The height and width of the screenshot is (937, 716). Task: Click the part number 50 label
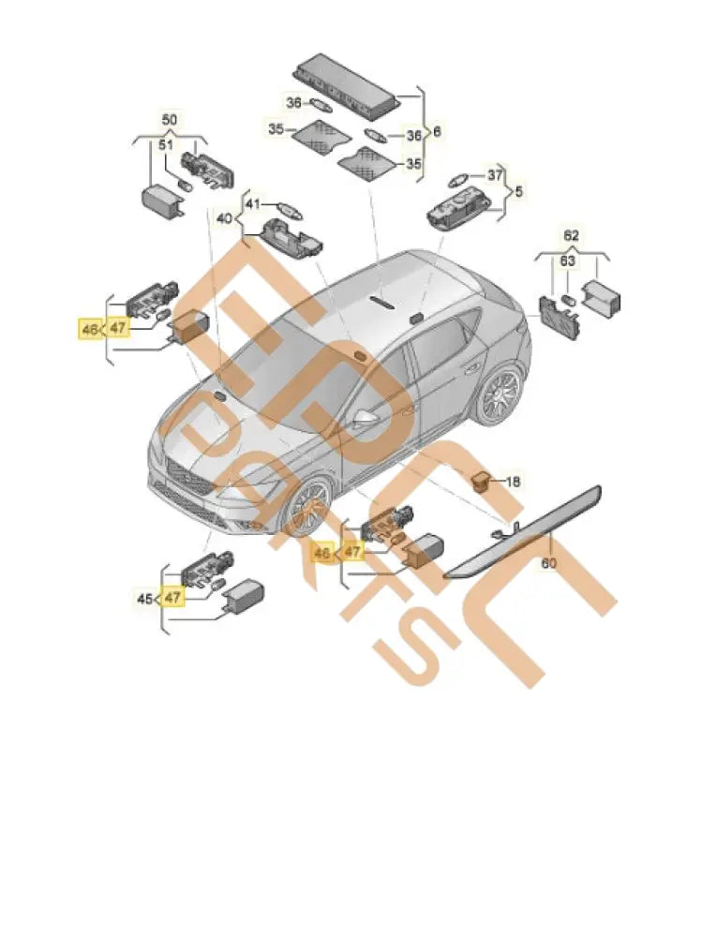click(x=169, y=121)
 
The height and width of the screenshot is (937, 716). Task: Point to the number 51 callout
click(x=165, y=145)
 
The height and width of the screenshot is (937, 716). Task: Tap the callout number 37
click(x=494, y=174)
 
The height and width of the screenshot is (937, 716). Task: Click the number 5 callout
click(x=518, y=191)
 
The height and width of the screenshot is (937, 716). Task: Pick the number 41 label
click(x=253, y=203)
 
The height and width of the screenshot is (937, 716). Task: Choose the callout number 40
click(x=225, y=218)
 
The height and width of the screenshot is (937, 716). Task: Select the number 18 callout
click(x=513, y=482)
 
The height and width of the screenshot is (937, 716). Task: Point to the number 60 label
click(x=548, y=563)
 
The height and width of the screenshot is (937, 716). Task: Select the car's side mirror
click(x=365, y=418)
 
